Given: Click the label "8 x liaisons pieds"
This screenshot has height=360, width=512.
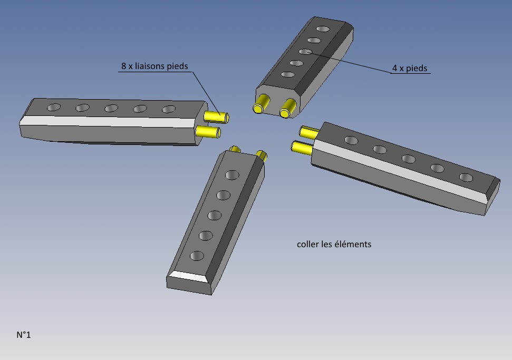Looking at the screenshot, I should pyautogui.click(x=154, y=66).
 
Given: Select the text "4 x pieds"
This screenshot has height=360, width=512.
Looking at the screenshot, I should pyautogui.click(x=410, y=68).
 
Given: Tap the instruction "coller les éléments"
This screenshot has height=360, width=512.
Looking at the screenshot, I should pyautogui.click(x=334, y=244).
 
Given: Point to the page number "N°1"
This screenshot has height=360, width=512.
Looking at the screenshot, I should pyautogui.click(x=24, y=334).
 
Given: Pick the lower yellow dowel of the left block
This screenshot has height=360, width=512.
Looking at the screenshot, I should pyautogui.click(x=208, y=131).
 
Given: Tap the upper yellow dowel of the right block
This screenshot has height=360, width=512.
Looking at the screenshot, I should pyautogui.click(x=309, y=132).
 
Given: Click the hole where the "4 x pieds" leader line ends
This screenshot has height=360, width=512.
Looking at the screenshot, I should pyautogui.click(x=305, y=52).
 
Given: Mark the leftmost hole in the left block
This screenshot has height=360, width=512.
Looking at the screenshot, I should pyautogui.click(x=53, y=108).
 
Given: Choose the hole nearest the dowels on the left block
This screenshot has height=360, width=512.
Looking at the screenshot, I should pyautogui.click(x=169, y=110).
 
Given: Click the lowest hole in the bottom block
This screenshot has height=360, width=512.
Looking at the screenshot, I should pyautogui.click(x=197, y=256).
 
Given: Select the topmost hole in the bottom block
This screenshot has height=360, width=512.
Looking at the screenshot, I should pyautogui.click(x=233, y=175).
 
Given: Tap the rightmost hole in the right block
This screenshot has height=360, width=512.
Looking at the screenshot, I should pyautogui.click(x=466, y=178).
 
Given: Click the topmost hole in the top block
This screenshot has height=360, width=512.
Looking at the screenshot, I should pyautogui.click(x=323, y=28).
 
